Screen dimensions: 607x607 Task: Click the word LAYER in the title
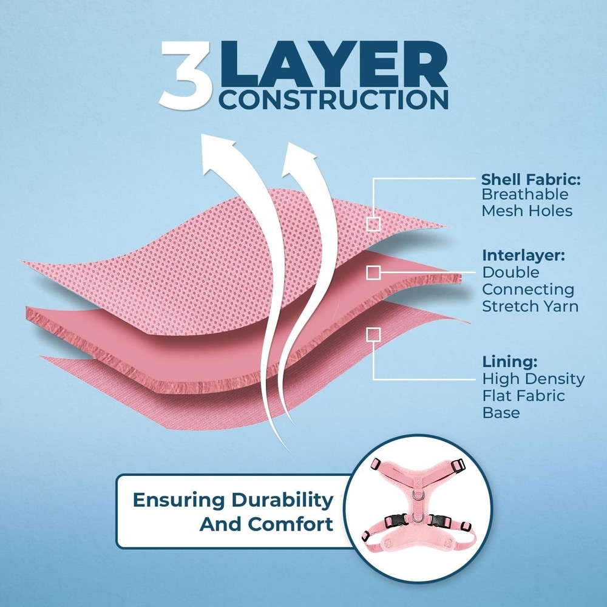[333, 64]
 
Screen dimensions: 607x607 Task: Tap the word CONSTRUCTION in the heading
[333, 100]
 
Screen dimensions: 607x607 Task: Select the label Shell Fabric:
[531, 179]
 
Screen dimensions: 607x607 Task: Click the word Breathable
[524, 194]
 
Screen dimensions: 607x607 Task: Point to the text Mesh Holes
[527, 211]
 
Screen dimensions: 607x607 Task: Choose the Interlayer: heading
[523, 256]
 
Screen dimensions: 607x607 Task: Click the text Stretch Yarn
[530, 306]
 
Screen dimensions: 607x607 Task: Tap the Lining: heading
[509, 362]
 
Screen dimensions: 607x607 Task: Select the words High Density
[533, 379]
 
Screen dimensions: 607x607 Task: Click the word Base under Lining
[501, 413]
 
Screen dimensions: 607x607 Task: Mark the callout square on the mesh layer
[373, 224]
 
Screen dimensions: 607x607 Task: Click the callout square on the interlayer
[373, 273]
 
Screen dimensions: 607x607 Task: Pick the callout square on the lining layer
[373, 335]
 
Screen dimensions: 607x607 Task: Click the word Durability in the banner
[282, 500]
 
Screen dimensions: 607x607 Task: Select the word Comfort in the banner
[290, 524]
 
